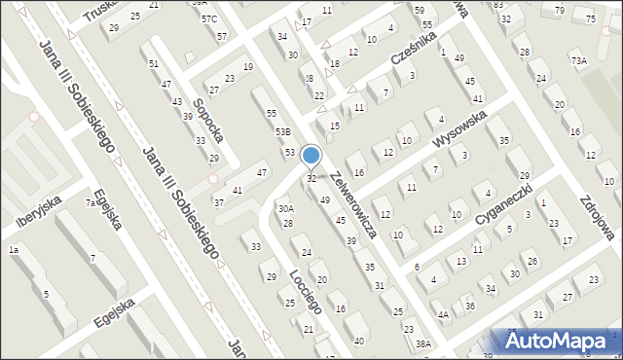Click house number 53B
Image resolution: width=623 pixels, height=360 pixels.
point(282,131)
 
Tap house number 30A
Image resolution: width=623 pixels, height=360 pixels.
point(285,208)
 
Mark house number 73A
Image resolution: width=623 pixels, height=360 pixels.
point(579,61)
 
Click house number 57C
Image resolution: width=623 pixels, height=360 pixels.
point(209,19)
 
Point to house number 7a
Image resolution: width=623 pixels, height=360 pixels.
point(90,203)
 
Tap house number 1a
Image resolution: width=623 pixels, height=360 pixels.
point(14,250)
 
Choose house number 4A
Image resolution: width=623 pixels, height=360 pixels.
point(443,314)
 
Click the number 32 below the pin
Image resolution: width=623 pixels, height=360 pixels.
point(311,179)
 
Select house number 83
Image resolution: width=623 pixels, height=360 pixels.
point(498,5)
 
